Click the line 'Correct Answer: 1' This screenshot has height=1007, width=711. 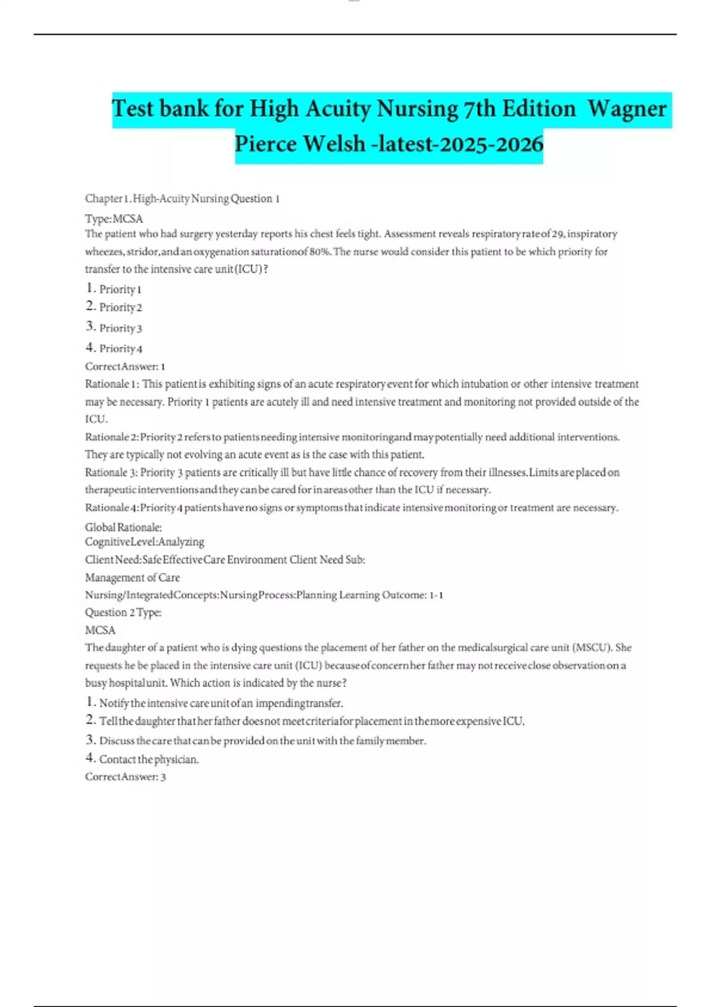(x=125, y=366)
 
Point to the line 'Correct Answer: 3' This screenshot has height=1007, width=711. (x=125, y=777)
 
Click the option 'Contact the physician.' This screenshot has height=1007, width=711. (x=148, y=759)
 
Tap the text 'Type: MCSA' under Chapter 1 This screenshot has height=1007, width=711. (x=114, y=219)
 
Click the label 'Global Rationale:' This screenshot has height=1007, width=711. (x=123, y=527)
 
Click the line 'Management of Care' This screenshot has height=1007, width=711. (x=132, y=577)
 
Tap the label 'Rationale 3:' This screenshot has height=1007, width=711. (x=111, y=472)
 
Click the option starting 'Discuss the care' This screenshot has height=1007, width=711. (x=262, y=740)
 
